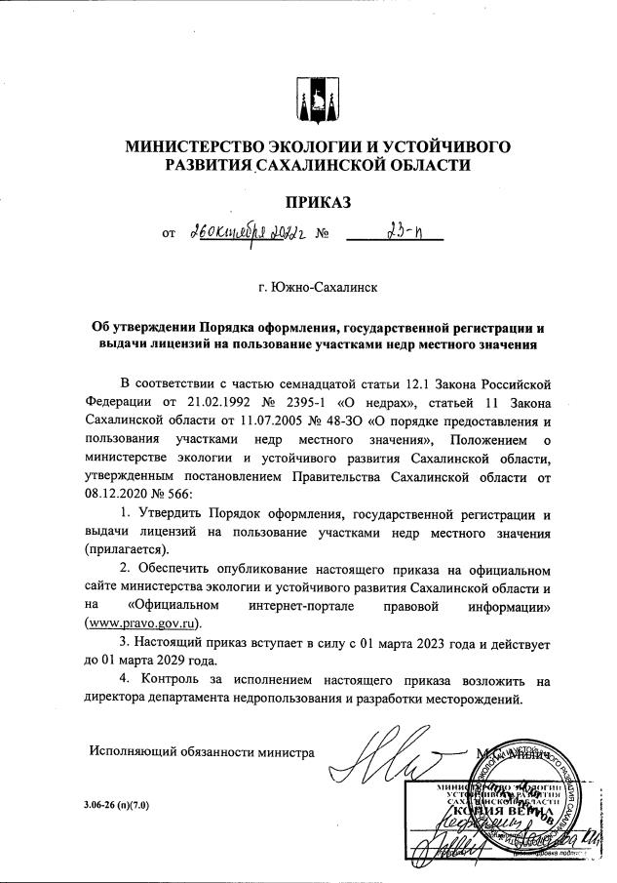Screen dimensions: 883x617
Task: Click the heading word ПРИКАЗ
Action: pos(316,203)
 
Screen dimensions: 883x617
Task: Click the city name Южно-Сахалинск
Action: pos(316,290)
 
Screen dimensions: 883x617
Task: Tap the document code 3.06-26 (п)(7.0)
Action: pos(125,806)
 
